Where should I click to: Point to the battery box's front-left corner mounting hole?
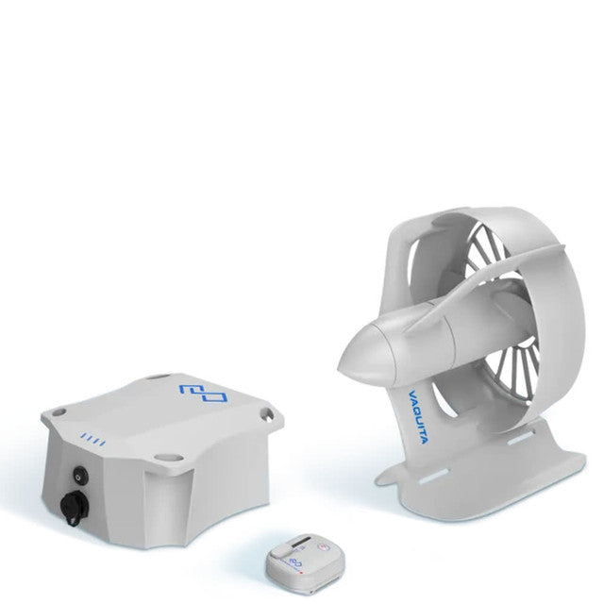click(x=56, y=411)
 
